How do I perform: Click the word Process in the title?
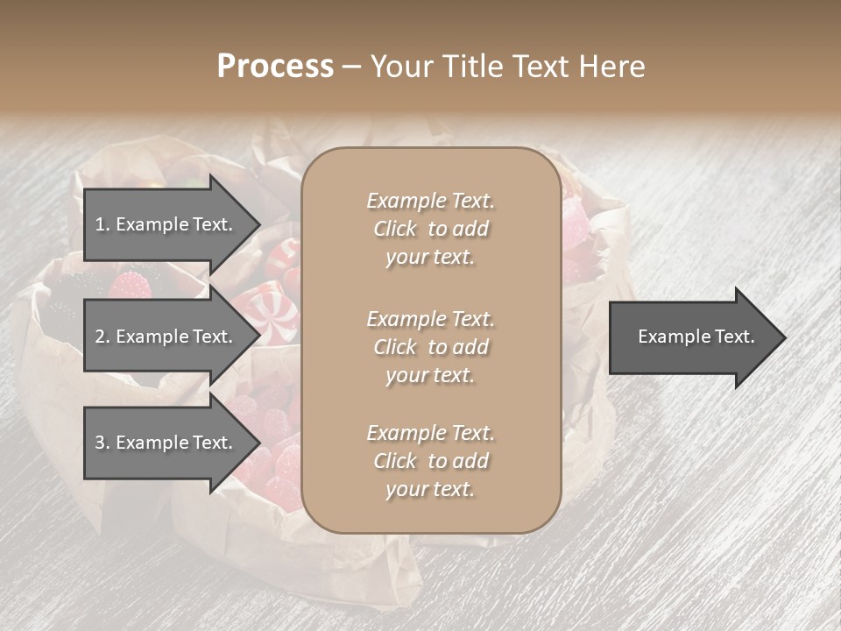(x=275, y=67)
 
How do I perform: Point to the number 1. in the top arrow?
(x=102, y=224)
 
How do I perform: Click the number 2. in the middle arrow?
(x=102, y=337)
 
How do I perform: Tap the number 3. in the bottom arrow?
(x=102, y=443)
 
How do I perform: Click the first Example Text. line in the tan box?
(x=430, y=201)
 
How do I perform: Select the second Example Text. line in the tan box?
(x=430, y=318)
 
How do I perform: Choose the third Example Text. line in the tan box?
(x=430, y=433)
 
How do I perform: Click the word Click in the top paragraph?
(x=395, y=229)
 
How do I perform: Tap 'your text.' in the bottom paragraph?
(x=430, y=489)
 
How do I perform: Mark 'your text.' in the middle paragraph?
(x=430, y=375)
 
